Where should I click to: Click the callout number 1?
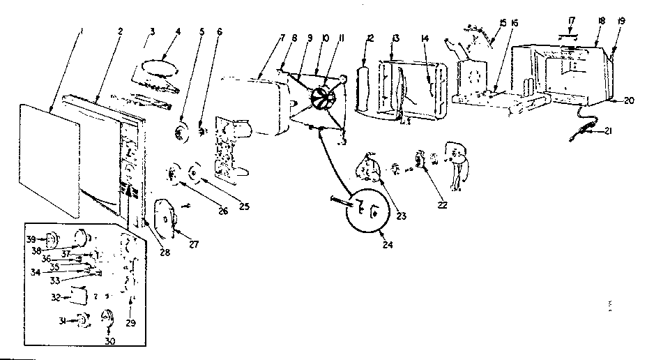82,31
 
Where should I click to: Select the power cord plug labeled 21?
584,128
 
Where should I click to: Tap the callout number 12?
370,36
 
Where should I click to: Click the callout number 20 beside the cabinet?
629,100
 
